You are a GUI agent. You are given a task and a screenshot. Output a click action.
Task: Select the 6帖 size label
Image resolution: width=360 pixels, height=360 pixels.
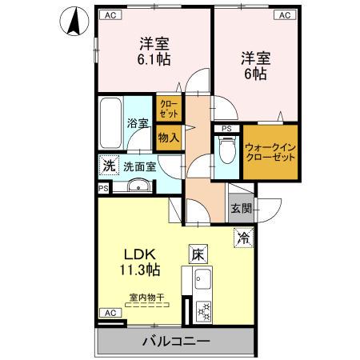coord(254,73)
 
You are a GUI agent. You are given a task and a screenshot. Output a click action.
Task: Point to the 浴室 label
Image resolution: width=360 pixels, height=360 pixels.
coord(138,123)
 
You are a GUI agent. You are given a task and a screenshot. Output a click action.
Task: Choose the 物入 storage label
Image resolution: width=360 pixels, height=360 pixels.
coord(168,137)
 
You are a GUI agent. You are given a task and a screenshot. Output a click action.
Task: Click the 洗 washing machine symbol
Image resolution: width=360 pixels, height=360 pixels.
coord(108,166)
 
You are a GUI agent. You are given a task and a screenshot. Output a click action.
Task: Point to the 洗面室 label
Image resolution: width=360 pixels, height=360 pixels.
coord(139,167)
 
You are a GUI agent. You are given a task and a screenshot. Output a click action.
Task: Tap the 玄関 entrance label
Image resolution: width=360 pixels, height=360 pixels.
coord(241,208)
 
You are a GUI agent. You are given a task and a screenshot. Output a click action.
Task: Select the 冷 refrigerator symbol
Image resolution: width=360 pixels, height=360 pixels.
coord(243,238)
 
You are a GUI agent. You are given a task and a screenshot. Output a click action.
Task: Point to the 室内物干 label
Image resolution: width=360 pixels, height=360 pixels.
coord(146,298)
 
